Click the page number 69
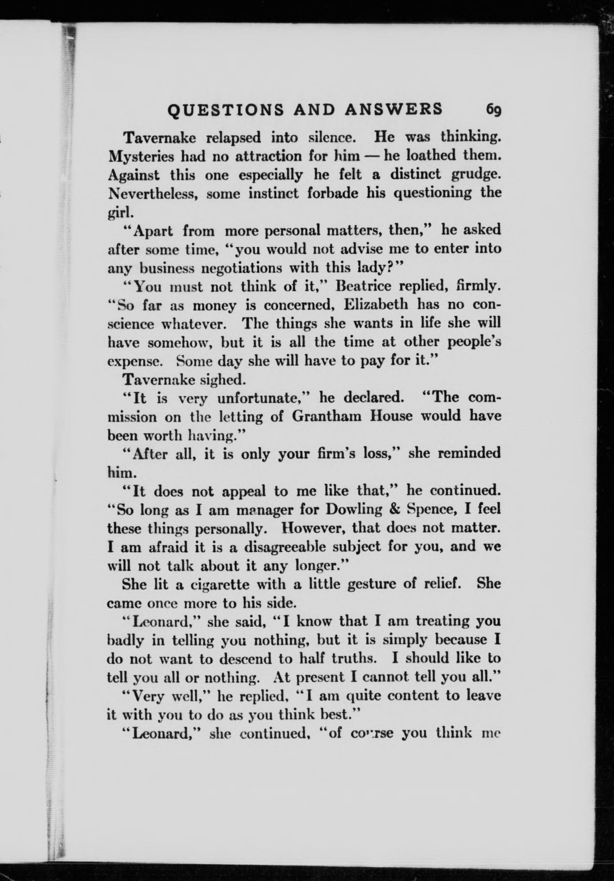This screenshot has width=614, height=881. click(493, 110)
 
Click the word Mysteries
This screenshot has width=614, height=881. click(142, 157)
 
